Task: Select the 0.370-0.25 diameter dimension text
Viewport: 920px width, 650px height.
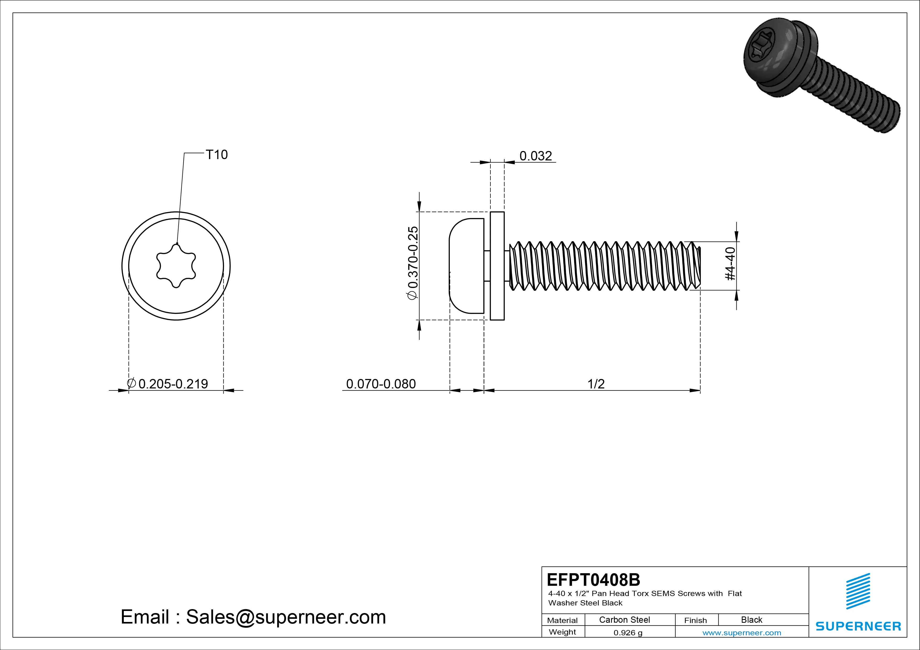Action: tap(413, 263)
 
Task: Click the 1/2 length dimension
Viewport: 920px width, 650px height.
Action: tap(596, 384)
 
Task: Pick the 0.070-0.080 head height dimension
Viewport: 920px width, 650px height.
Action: tap(381, 384)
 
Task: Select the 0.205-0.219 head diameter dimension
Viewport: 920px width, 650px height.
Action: tap(173, 384)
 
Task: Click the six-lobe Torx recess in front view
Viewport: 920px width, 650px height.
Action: tap(176, 266)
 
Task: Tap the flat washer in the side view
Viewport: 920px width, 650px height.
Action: tap(497, 266)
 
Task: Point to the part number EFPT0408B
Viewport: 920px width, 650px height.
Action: tap(593, 579)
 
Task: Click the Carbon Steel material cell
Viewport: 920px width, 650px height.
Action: tap(624, 620)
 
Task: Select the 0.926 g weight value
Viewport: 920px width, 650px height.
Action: tap(628, 633)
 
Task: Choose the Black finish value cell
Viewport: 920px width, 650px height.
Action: tap(751, 620)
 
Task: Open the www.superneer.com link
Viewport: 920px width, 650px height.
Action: tap(741, 633)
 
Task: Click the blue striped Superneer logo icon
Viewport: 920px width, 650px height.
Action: tap(858, 591)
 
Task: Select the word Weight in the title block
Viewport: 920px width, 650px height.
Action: tap(562, 632)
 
